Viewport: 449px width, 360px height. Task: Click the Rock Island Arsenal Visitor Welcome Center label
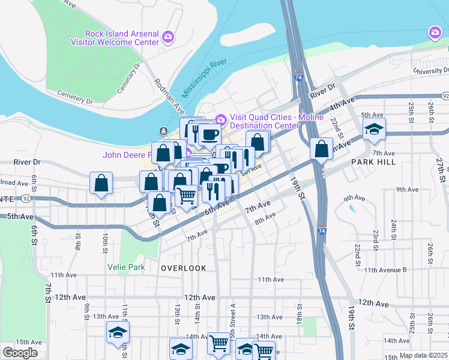tap(122, 38)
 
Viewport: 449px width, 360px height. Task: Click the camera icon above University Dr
tap(434, 33)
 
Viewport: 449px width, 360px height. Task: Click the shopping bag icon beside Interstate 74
tap(322, 149)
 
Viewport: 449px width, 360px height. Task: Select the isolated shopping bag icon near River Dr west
tap(101, 184)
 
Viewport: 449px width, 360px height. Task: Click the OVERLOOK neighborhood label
tap(184, 268)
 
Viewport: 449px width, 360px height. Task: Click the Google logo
tap(20, 353)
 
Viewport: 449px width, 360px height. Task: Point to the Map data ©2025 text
tap(423, 355)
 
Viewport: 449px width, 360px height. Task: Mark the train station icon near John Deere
tap(163, 131)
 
